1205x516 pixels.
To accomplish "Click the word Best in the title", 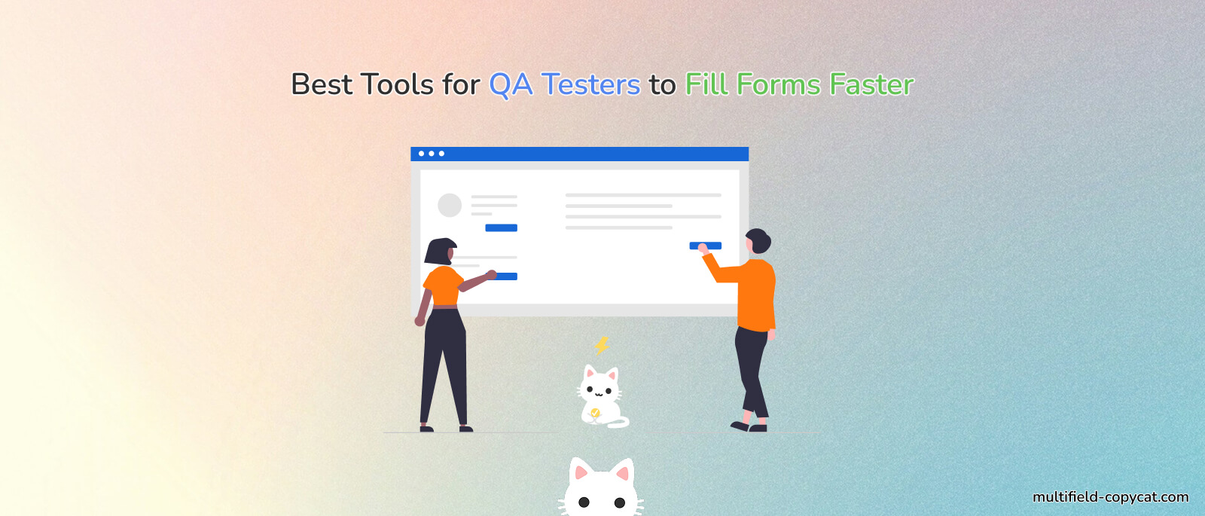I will [321, 84].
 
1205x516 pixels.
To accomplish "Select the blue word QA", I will [511, 84].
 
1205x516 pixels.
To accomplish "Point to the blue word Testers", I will [590, 84].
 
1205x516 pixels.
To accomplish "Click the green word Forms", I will [778, 84].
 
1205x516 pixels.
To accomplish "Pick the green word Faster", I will [871, 84].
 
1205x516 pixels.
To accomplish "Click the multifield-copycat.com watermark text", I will [1110, 497].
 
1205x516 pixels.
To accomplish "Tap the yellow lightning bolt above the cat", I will [602, 345].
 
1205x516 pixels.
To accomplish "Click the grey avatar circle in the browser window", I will [450, 205].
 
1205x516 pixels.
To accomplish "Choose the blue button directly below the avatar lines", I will [501, 227].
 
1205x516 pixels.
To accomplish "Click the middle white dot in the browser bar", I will [432, 154].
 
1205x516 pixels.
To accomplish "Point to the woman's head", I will [441, 252].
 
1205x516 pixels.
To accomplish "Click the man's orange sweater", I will [755, 294].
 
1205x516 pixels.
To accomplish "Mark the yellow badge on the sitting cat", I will [595, 413].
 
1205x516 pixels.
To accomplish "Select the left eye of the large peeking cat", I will [584, 502].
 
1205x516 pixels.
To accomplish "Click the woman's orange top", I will [442, 285].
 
